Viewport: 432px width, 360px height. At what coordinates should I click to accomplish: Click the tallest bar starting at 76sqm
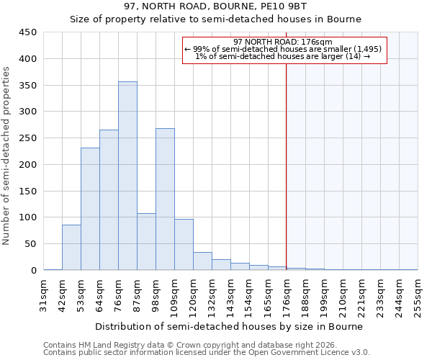[127, 176]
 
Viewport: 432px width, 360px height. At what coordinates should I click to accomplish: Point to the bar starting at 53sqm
[90, 209]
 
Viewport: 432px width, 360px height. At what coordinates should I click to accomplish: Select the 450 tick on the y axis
[28, 32]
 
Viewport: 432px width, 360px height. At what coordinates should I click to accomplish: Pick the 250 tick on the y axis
[28, 138]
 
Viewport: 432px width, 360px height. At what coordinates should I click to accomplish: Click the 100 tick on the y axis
[28, 217]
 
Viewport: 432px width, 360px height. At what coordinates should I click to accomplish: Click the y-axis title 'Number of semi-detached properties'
[7, 155]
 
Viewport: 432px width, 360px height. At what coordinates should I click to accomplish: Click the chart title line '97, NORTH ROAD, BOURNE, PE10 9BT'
[215, 6]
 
